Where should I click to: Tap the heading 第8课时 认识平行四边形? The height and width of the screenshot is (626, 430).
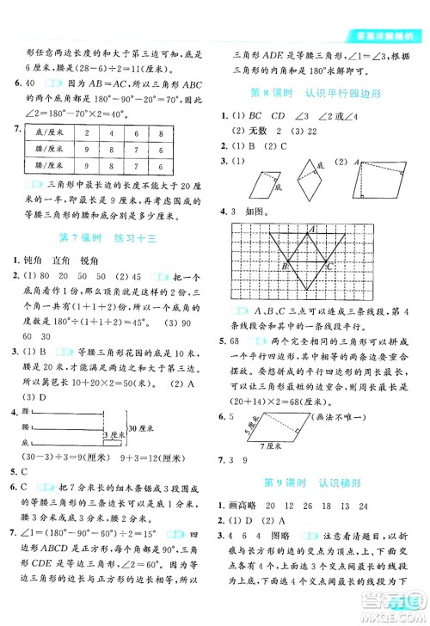click(x=323, y=92)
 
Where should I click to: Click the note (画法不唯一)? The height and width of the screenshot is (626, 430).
click(x=372, y=345)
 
